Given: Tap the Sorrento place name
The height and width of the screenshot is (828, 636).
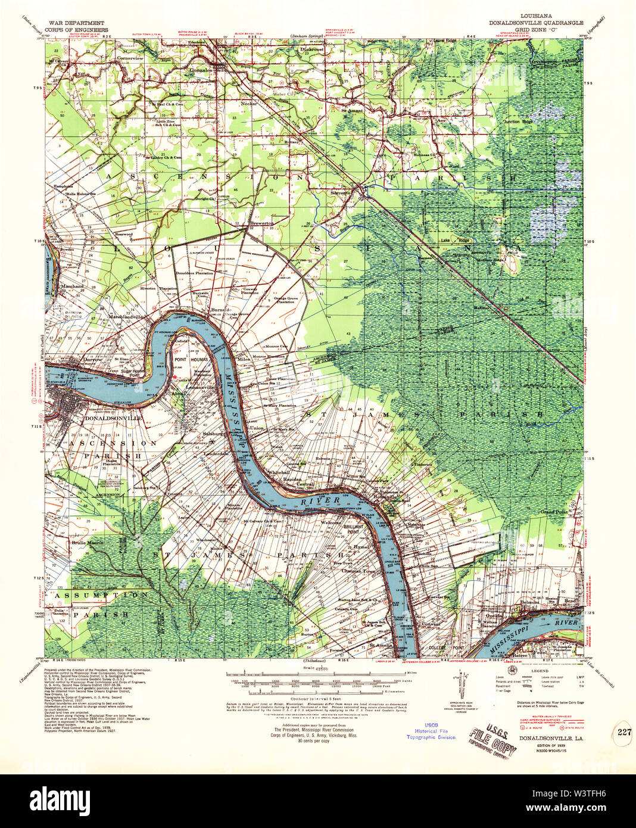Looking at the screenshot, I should point(344,193).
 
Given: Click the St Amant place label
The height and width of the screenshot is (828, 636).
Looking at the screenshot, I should point(352,111).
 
